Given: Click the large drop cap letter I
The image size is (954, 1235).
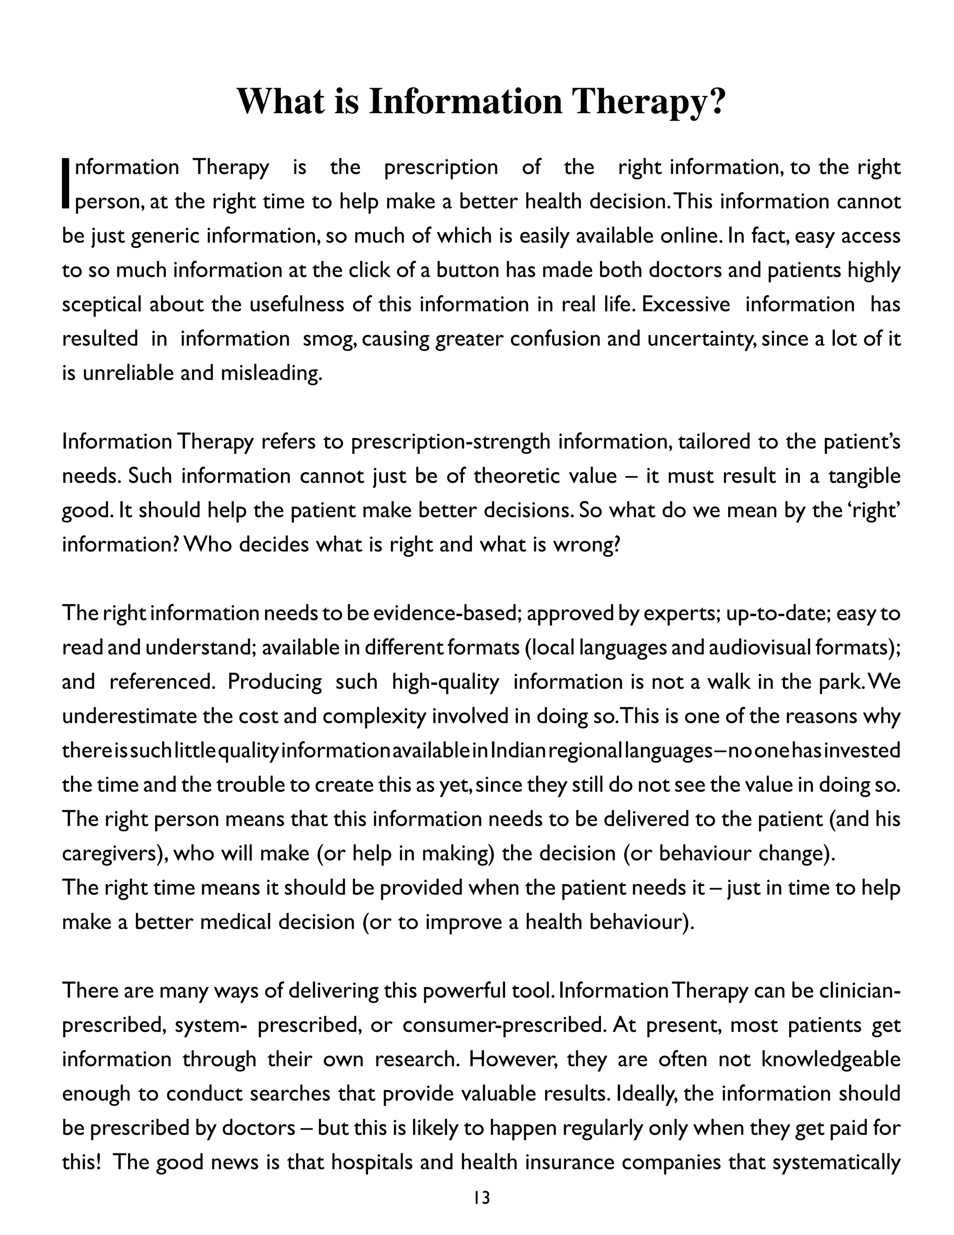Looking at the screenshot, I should pos(67,185).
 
